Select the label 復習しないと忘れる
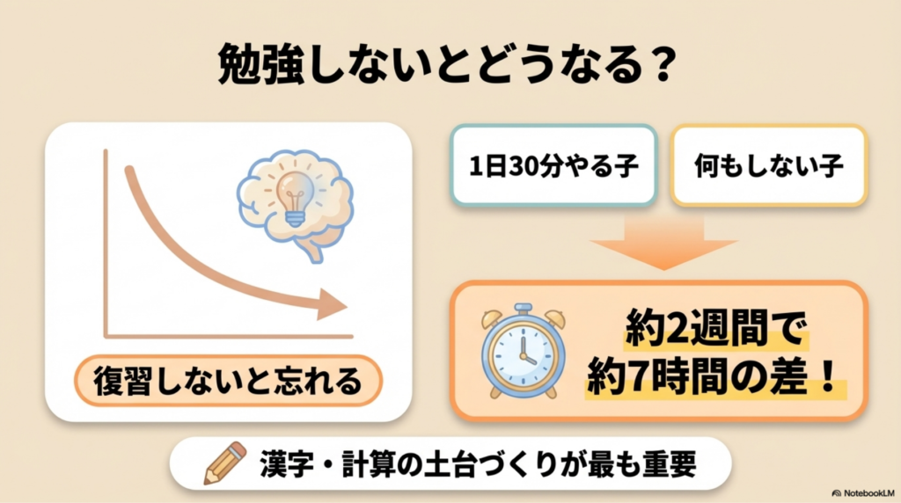[228, 382]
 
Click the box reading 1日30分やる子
[554, 165]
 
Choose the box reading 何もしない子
[769, 165]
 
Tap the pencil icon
[224, 463]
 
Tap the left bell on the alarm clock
[492, 318]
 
